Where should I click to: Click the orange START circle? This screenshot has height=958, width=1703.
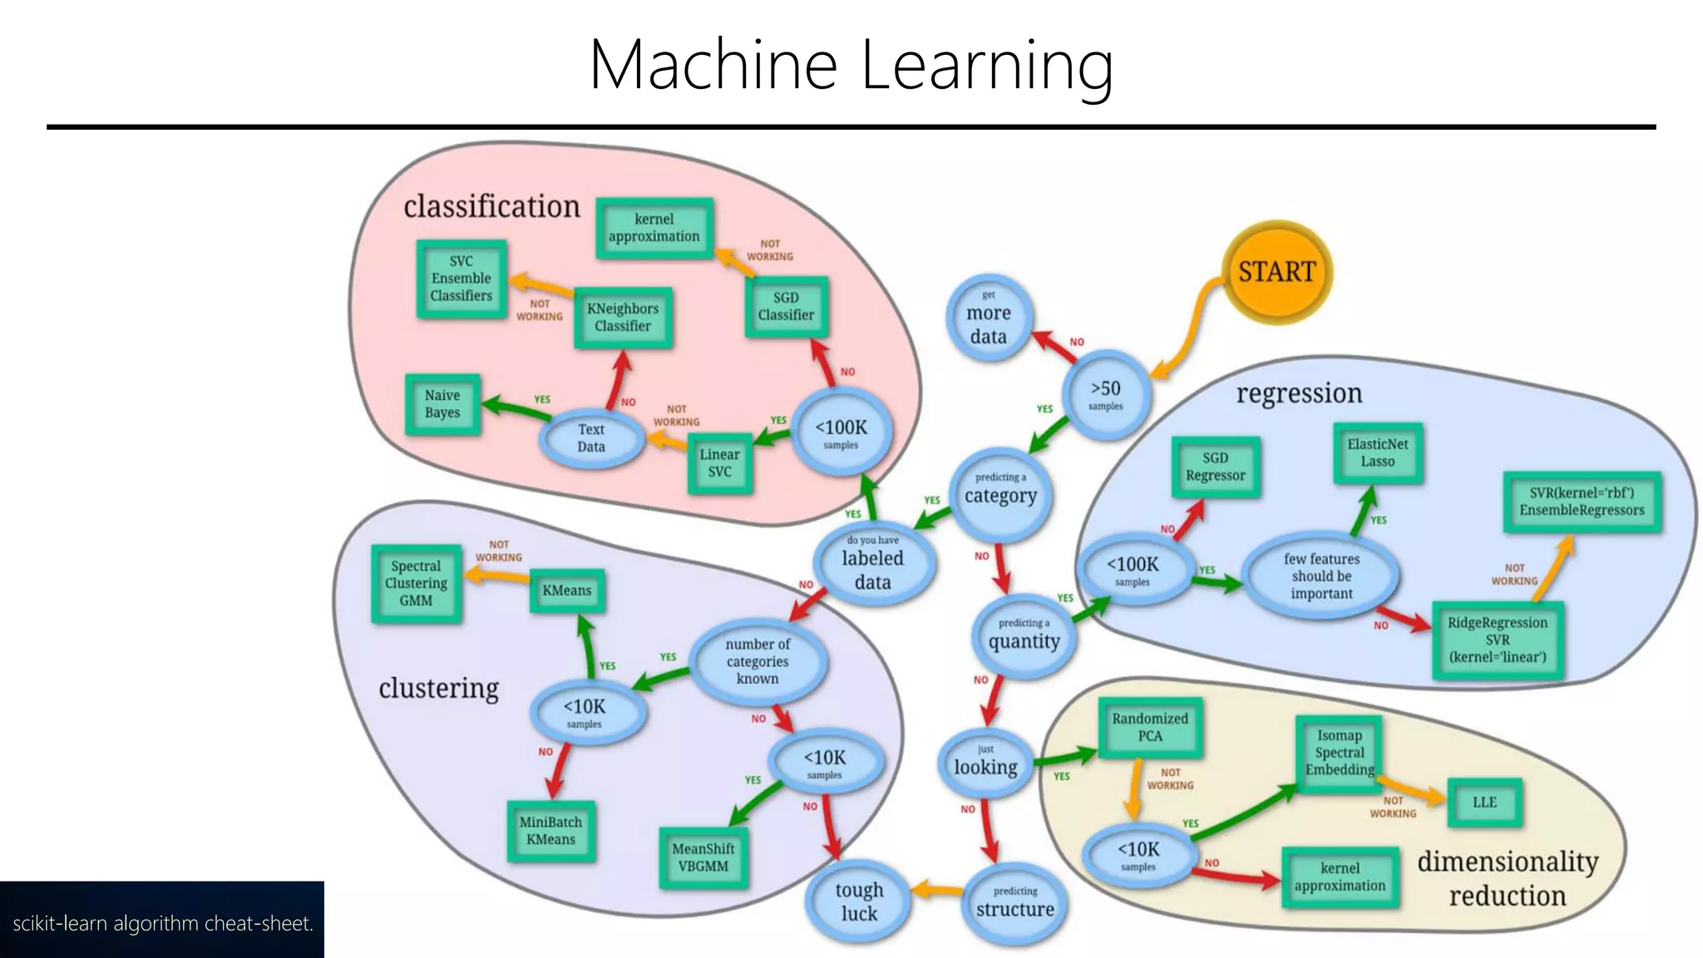coord(1277,272)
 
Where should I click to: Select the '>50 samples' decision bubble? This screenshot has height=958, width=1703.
coord(1106,395)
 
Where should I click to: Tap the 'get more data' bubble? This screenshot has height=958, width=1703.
coord(989,320)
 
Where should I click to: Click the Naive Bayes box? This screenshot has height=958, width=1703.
coord(442,404)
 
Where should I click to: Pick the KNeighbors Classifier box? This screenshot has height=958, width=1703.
coord(623,318)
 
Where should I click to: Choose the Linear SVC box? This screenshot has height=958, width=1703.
coord(720,463)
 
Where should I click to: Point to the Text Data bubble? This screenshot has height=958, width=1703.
coord(591,438)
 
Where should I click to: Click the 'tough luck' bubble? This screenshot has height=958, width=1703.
coord(859,901)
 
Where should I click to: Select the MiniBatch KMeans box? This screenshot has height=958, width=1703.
coord(550,831)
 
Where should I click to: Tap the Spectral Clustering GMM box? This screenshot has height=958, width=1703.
coord(416,583)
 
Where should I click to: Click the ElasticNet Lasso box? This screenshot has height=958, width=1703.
coord(1378,453)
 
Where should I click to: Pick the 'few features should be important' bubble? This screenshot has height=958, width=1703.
coord(1321,576)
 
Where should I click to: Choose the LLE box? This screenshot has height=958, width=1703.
coord(1484,802)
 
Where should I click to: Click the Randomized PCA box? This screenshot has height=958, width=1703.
coord(1150,728)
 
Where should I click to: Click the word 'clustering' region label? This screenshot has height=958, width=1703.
coord(438,689)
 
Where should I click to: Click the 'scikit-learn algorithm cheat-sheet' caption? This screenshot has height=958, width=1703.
coord(163,923)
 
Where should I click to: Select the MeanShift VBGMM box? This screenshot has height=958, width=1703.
coord(703,857)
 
